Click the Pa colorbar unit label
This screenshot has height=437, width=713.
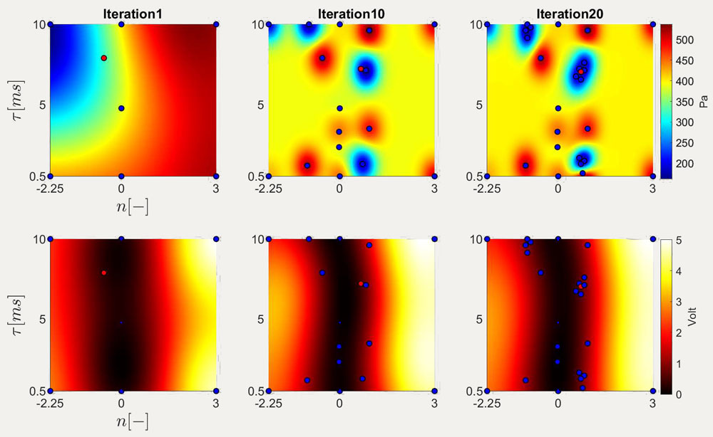703,101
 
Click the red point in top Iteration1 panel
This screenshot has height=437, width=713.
103,58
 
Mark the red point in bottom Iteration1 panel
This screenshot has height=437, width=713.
103,273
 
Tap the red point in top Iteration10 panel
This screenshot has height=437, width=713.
361,69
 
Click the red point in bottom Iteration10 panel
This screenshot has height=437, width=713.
361,283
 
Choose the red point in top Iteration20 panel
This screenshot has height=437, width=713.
580,71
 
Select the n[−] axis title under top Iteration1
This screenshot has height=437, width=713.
121,209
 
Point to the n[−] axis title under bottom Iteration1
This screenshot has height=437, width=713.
121,423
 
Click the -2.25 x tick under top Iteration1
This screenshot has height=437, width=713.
50,189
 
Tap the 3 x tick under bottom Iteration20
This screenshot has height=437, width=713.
652,404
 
